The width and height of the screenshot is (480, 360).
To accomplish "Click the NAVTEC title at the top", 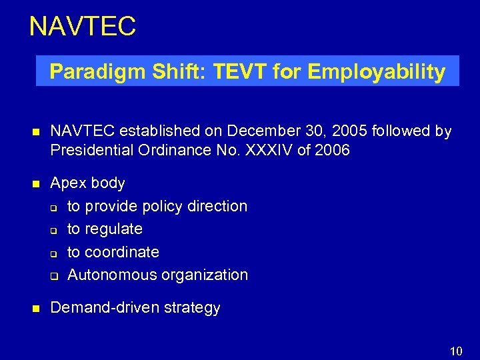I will [83, 27].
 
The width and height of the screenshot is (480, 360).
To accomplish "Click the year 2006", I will [332, 150].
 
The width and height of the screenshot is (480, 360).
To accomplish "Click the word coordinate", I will [122, 252].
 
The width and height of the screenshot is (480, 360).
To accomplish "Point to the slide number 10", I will [456, 351].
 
